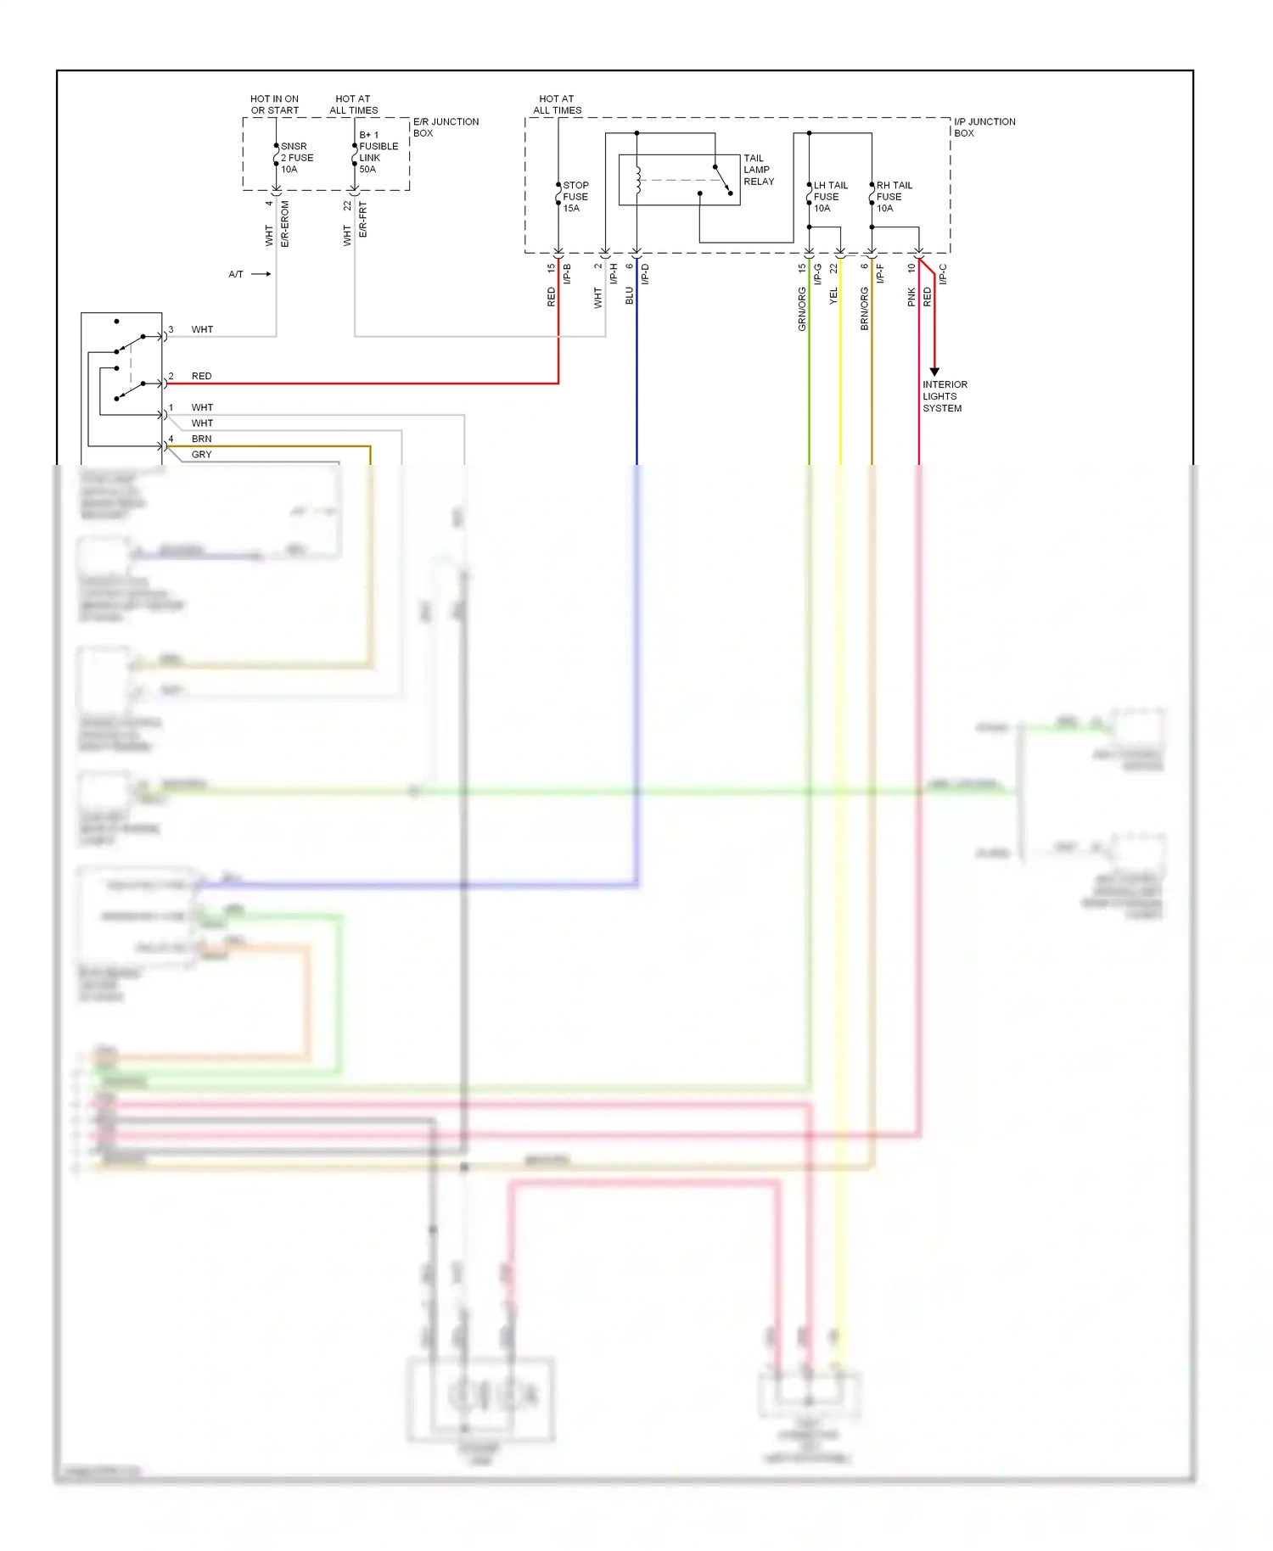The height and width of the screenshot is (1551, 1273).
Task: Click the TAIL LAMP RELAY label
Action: [759, 170]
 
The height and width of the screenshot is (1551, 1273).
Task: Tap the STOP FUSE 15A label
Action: [575, 197]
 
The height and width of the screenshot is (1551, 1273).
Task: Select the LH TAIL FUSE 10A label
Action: [829, 197]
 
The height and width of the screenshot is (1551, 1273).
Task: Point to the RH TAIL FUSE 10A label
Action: [893, 197]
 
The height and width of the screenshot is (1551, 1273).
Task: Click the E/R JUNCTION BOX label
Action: [446, 127]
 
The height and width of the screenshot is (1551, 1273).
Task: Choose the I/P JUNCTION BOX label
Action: [984, 127]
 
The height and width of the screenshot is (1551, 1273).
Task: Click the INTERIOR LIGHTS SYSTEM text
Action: [944, 396]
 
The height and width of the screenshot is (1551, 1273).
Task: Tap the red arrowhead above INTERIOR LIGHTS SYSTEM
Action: [934, 372]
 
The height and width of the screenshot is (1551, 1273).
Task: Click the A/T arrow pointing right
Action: [261, 274]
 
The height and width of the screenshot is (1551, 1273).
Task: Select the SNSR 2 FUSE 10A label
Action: [296, 158]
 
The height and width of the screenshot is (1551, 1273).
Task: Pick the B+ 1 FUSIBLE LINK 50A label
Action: [377, 152]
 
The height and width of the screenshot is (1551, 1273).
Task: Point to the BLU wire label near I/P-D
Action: [629, 295]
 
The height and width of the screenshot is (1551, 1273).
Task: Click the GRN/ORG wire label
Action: [801, 309]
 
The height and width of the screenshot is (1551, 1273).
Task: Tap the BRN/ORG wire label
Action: [864, 309]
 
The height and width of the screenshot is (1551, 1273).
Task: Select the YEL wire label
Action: [833, 296]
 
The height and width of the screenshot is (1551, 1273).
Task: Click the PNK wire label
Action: [911, 297]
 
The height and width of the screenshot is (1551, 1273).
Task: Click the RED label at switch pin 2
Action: [201, 376]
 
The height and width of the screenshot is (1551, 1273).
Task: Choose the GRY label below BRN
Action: [201, 455]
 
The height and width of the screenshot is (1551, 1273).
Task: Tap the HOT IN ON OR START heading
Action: [274, 104]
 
